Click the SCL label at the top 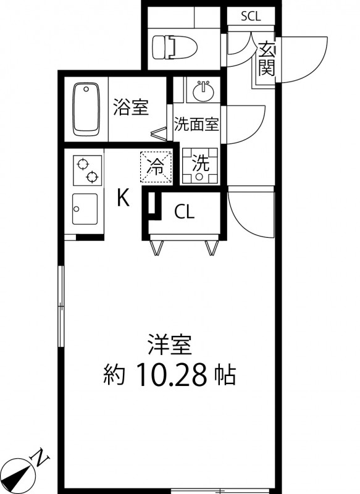click(251, 17)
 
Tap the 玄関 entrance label click(266, 59)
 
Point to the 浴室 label click(131, 107)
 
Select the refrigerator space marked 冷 click(156, 166)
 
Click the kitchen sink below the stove click(85, 209)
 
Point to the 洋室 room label click(169, 345)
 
